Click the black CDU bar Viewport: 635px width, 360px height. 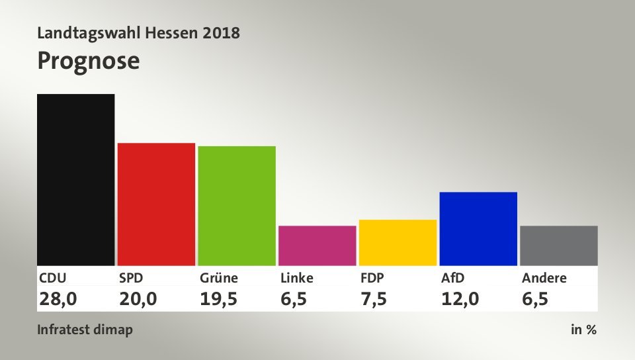tap(76, 179)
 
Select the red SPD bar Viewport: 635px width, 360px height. tap(156, 204)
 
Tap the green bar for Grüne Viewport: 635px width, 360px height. tap(237, 205)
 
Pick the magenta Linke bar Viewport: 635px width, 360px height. tap(317, 246)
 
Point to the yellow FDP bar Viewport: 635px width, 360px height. tap(398, 242)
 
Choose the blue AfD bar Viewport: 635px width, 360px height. tap(478, 228)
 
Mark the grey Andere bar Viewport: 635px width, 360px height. tap(559, 246)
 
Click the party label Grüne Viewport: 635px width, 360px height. tap(219, 278)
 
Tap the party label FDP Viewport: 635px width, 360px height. tap(372, 278)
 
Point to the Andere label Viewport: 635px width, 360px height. tap(544, 278)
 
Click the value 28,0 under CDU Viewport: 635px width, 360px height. tap(58, 298)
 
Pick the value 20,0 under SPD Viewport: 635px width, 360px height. tap(138, 298)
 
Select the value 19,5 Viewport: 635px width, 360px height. tap(219, 298)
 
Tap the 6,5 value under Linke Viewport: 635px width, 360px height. tap(294, 298)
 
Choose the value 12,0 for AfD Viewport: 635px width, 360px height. tap(460, 298)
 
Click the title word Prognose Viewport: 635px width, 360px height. tap(89, 61)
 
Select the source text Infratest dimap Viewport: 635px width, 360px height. tap(85, 330)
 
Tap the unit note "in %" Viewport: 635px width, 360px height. tap(583, 330)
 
